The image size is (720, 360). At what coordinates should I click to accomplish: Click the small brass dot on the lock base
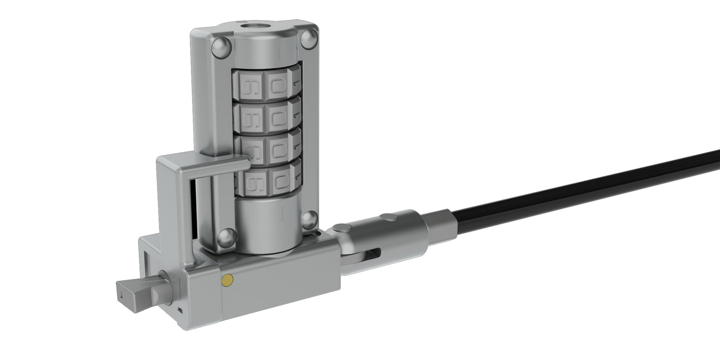[228, 280]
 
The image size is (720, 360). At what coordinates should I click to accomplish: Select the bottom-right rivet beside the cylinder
[309, 219]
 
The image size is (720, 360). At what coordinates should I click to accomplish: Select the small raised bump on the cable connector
[387, 217]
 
